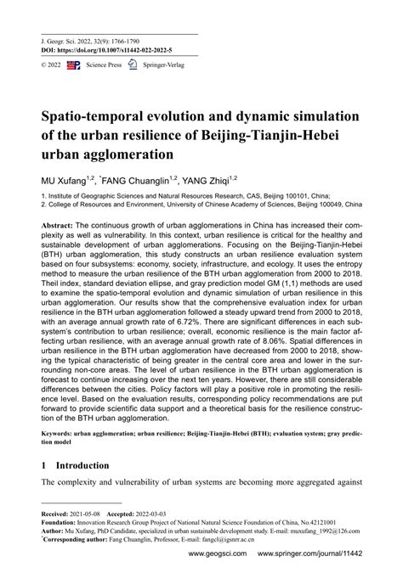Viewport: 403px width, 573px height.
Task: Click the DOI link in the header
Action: (123, 50)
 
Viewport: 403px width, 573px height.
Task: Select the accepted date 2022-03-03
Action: (156, 514)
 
